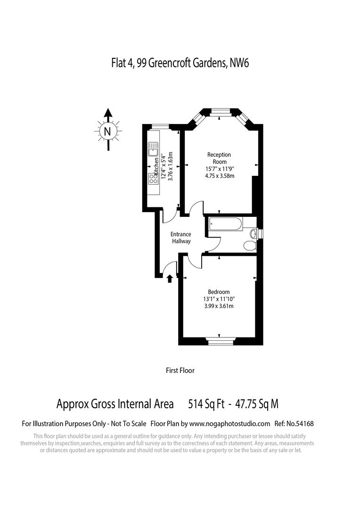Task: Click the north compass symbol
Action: point(108,131)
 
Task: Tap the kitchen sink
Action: point(153,149)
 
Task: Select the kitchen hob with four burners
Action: point(153,179)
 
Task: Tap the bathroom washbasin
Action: point(253,233)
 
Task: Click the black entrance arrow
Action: point(170,279)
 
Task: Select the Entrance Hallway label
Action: point(180,238)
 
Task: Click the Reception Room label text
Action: point(220,158)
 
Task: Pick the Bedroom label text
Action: point(219,292)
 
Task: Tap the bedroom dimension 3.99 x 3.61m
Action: point(219,306)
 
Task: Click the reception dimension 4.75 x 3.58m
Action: point(220,176)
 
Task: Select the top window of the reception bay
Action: point(220,111)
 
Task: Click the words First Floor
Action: point(180,370)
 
